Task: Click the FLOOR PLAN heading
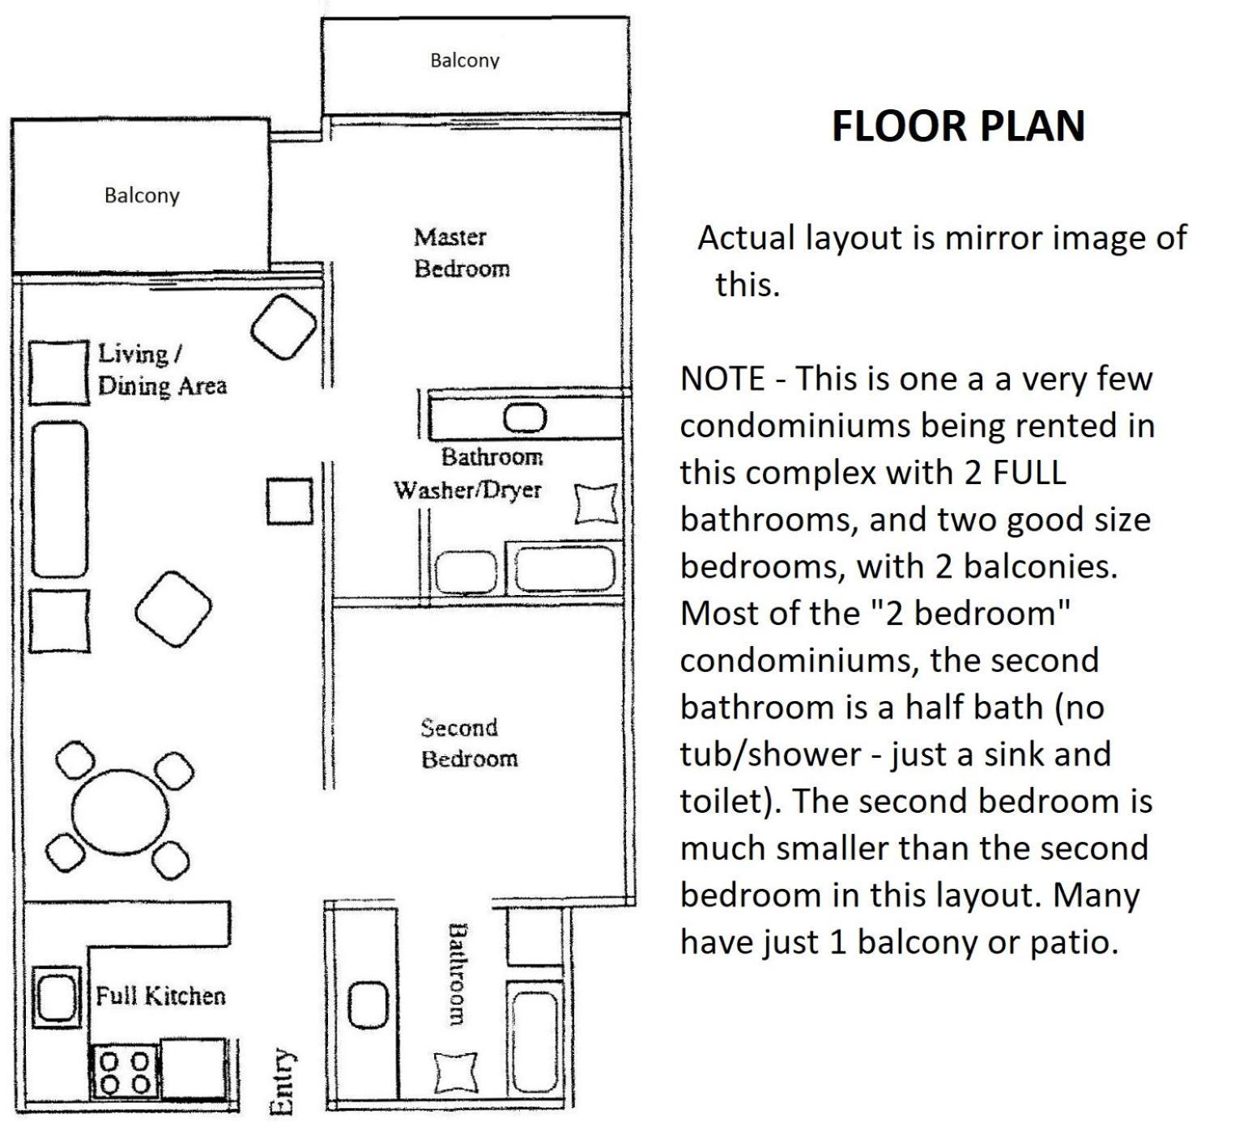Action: click(x=958, y=126)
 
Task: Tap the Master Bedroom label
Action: click(x=462, y=253)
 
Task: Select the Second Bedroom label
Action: click(x=469, y=743)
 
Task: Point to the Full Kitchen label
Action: click(x=160, y=995)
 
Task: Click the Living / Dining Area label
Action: click(x=162, y=370)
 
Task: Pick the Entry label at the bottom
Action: click(x=281, y=1082)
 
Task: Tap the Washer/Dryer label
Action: click(x=467, y=490)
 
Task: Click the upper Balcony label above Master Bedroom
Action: click(x=465, y=61)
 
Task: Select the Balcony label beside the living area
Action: click(x=142, y=195)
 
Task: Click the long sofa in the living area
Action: click(x=58, y=499)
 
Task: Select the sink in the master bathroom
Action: click(x=525, y=419)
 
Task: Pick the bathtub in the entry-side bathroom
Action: click(x=535, y=1040)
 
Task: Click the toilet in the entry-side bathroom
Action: click(x=457, y=1073)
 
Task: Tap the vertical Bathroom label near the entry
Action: click(x=458, y=974)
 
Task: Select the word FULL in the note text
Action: click(x=1028, y=473)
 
